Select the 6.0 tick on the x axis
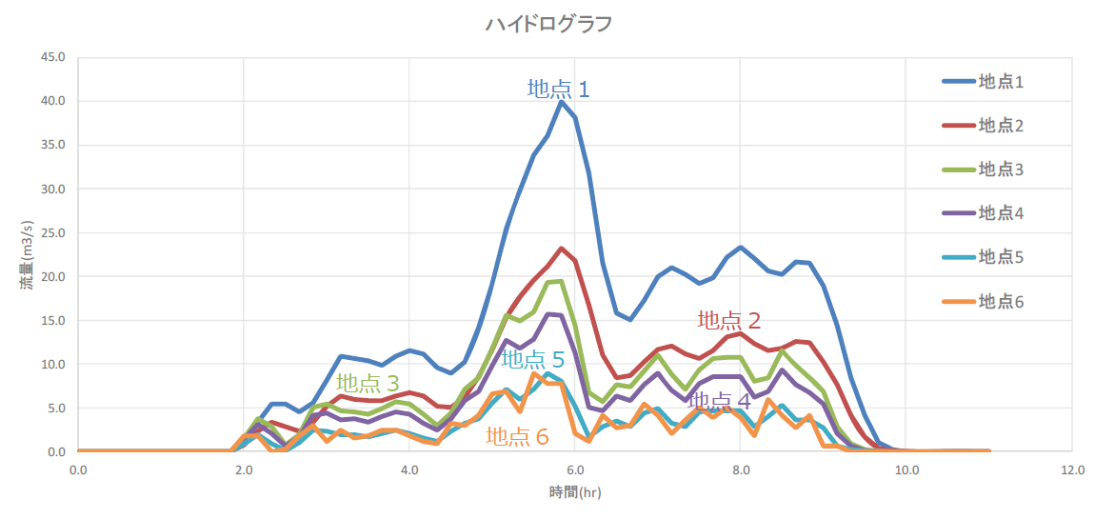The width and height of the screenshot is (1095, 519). click(x=575, y=469)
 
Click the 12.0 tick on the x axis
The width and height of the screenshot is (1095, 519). click(x=1072, y=469)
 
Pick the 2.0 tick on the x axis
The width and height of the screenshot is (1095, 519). click(x=244, y=469)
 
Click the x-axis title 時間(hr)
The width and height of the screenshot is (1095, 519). click(x=575, y=492)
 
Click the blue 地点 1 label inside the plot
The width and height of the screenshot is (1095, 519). click(x=559, y=90)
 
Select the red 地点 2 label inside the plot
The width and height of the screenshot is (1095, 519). click(x=729, y=321)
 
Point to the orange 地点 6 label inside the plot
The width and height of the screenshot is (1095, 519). click(x=517, y=437)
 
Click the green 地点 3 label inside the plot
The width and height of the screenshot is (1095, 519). click(x=368, y=384)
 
